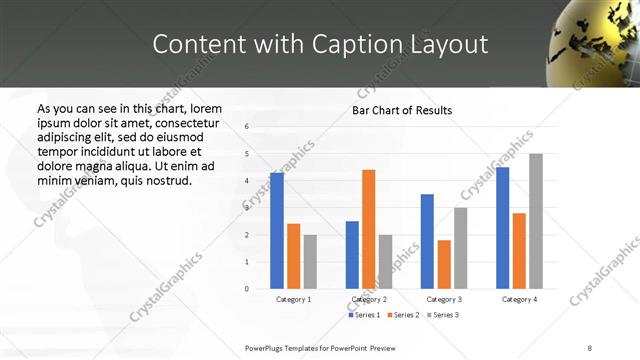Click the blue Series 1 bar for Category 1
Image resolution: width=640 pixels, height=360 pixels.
tap(277, 230)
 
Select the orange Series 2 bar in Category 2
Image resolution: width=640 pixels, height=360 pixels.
tap(369, 229)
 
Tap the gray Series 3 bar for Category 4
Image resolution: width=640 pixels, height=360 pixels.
tap(536, 221)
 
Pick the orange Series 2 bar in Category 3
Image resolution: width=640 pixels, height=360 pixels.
tap(444, 264)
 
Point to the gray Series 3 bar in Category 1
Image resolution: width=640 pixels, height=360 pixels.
tap(310, 261)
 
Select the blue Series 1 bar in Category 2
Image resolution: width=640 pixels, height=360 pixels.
tap(352, 254)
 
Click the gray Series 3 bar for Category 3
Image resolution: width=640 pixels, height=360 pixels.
tap(461, 248)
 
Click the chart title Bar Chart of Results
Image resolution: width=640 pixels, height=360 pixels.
tap(402, 110)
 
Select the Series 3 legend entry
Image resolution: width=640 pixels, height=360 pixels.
tap(441, 315)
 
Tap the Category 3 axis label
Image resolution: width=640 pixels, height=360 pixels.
tap(444, 299)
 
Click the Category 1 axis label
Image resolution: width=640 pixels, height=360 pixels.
tap(293, 299)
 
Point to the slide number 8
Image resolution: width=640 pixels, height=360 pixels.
tap(590, 348)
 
